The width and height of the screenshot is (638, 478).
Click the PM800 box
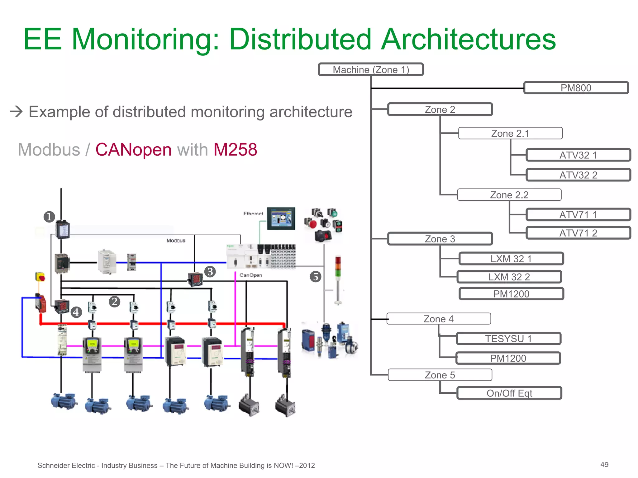click(576, 88)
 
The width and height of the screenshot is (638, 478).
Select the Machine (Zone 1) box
click(371, 69)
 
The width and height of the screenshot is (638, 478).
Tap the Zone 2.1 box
click(510, 133)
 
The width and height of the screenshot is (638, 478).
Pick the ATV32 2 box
click(578, 175)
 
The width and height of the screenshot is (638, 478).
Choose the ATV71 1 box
click(578, 215)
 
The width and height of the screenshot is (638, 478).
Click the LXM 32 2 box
click(509, 277)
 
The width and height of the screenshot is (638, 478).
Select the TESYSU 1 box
click(508, 339)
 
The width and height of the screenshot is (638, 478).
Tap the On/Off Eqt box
click(509, 393)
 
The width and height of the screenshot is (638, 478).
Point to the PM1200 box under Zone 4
click(508, 358)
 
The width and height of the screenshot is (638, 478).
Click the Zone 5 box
click(440, 375)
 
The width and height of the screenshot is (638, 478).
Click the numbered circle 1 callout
click(49, 217)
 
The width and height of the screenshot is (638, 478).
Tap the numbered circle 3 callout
click(210, 272)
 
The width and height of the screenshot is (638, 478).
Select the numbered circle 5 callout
click(316, 277)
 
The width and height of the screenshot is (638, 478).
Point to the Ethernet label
click(253, 213)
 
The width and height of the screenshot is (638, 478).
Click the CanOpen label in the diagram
click(251, 275)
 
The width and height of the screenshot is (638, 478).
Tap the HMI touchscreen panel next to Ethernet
click(281, 219)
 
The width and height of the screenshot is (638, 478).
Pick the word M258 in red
click(235, 150)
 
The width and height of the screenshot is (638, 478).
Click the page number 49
click(604, 465)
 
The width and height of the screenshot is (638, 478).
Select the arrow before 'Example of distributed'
click(16, 111)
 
